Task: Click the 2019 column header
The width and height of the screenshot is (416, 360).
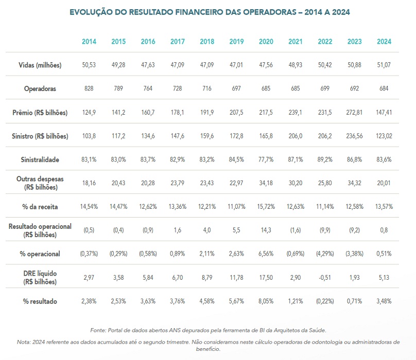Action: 236,42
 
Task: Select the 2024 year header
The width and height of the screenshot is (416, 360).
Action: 384,42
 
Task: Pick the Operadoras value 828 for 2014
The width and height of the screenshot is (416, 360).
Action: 89,88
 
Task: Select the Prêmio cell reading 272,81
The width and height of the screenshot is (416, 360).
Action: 354,113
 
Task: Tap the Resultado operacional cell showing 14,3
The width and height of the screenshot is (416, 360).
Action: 266,230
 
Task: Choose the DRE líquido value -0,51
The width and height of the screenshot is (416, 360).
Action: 325,278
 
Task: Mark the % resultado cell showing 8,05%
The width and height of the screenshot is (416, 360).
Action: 266,301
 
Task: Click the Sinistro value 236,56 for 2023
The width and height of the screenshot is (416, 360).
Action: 354,136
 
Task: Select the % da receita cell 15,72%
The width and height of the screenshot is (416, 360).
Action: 266,206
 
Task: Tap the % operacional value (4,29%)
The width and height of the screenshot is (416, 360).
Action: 325,254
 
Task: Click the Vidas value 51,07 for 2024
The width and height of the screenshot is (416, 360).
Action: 384,65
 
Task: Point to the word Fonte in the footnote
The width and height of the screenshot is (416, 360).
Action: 99,330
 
